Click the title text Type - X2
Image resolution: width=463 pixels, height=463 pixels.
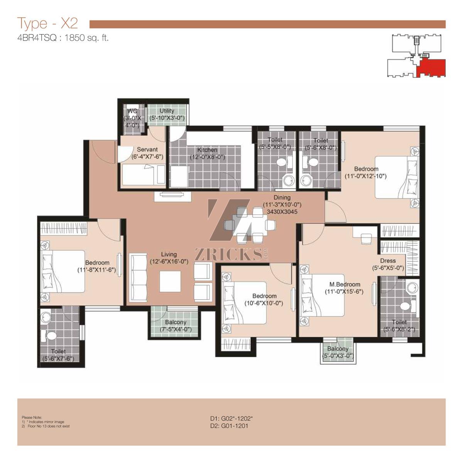click(47, 23)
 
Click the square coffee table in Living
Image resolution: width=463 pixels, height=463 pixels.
click(170, 281)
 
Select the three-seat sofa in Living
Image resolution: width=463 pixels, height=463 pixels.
click(138, 277)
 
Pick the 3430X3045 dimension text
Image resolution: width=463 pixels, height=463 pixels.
click(282, 212)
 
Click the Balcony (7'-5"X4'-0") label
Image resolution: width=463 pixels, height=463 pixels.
click(176, 326)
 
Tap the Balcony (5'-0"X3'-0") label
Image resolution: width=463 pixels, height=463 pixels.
click(338, 352)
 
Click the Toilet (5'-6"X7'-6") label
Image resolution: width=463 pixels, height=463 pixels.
click(58, 355)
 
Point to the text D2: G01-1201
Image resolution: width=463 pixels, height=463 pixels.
click(229, 426)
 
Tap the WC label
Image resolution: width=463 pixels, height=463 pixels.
click(132, 111)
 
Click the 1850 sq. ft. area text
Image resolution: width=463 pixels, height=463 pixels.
click(86, 38)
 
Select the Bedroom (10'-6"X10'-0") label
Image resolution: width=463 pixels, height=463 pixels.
click(264, 299)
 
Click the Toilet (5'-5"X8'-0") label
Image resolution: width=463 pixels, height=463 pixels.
click(275, 143)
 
